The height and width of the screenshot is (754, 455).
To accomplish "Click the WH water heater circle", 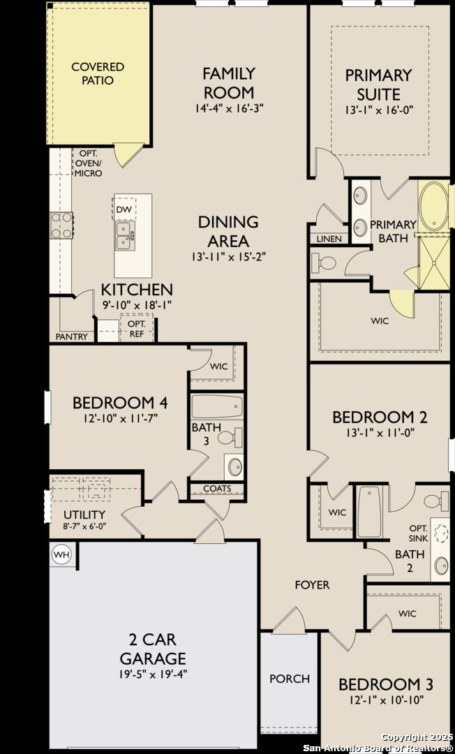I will pyautogui.click(x=62, y=555).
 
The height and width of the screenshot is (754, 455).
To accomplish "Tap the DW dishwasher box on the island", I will pyautogui.click(x=124, y=209).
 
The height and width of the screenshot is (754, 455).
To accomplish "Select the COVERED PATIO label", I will pyautogui.click(x=98, y=73).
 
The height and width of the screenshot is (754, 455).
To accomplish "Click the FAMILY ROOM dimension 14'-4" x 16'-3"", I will pyautogui.click(x=229, y=108).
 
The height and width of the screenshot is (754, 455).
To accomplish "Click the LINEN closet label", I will pyautogui.click(x=329, y=239).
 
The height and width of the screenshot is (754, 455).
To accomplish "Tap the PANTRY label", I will pyautogui.click(x=72, y=337).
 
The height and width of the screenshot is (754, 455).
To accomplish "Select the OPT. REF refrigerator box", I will pyautogui.click(x=136, y=329).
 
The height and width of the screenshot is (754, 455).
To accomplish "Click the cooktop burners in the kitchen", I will pyautogui.click(x=61, y=226).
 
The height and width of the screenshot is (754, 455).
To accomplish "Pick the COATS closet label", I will pyautogui.click(x=217, y=489).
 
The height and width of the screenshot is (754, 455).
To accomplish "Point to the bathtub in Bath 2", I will pyautogui.click(x=369, y=512).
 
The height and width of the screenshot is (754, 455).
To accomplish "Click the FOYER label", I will pyautogui.click(x=312, y=585).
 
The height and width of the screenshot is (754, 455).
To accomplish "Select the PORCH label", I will pyautogui.click(x=290, y=679).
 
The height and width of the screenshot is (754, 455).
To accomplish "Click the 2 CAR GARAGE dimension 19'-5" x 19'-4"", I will pyautogui.click(x=153, y=674).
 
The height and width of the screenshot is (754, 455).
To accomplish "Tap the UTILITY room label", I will pyautogui.click(x=80, y=515).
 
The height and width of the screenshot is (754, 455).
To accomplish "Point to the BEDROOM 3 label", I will pyautogui.click(x=381, y=684).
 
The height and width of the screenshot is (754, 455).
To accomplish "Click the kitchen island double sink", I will pyautogui.click(x=125, y=235).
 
